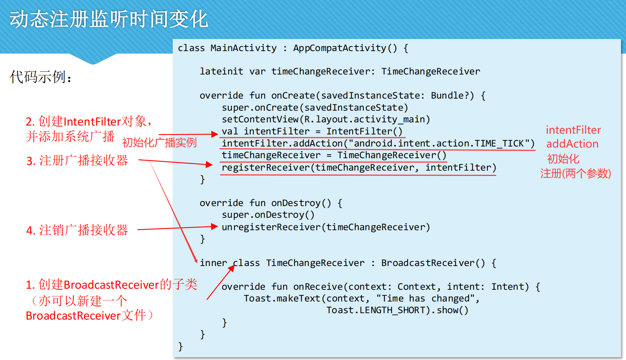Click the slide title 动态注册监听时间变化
point(109,19)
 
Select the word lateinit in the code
point(221,72)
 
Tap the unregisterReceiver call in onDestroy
point(271,227)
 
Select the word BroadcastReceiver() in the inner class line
point(433,263)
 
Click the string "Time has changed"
point(426,299)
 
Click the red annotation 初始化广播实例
point(159,143)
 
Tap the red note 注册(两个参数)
point(575,173)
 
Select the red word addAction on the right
point(572,144)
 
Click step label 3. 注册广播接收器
point(77,161)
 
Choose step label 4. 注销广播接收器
point(77,230)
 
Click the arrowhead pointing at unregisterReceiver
point(214,227)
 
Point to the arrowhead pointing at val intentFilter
point(214,134)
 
